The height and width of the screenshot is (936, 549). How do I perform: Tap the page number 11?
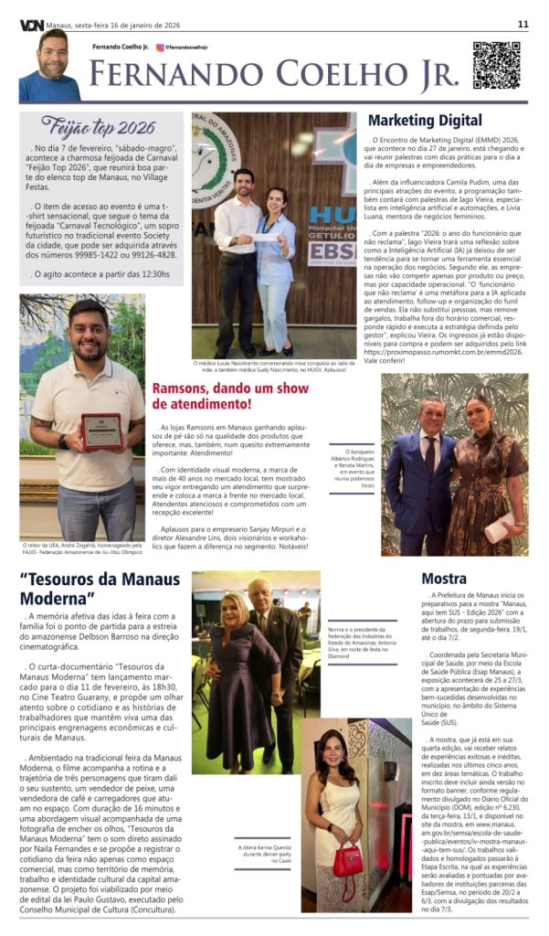click(x=523, y=25)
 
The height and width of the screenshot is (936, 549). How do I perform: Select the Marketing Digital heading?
click(x=425, y=120)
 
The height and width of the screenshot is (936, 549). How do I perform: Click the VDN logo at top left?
click(x=30, y=25)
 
